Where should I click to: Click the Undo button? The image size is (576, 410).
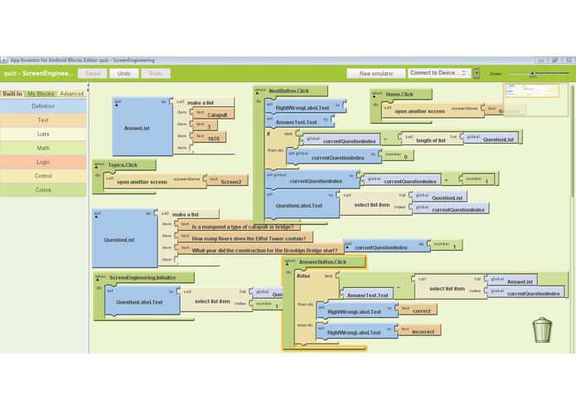[x=123, y=73]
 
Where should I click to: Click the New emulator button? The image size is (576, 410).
[x=375, y=73]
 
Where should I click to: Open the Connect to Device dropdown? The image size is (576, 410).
[x=438, y=73]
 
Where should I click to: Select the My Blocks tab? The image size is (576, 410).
[x=41, y=94]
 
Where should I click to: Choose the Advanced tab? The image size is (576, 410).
[x=71, y=94]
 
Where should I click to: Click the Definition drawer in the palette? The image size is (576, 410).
[x=43, y=106]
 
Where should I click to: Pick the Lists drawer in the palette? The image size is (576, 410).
[x=43, y=134]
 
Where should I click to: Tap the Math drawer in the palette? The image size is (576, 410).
[x=43, y=148]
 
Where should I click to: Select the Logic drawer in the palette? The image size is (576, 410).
[x=43, y=162]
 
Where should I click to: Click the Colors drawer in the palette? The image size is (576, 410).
[x=43, y=190]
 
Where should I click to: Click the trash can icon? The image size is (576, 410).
[x=542, y=329]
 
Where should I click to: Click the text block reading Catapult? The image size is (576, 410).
[x=217, y=115]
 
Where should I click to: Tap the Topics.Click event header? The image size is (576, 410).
[x=122, y=165]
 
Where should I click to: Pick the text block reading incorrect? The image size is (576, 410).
[x=424, y=330]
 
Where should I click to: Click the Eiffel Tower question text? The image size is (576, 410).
[x=249, y=237]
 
